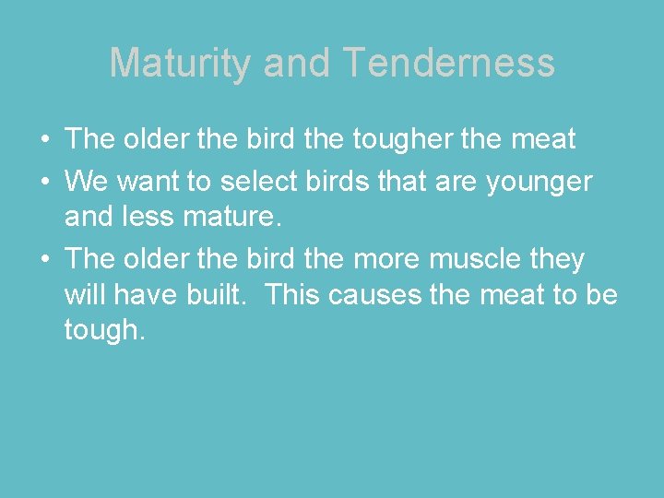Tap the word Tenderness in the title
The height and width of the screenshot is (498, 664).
point(449,64)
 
